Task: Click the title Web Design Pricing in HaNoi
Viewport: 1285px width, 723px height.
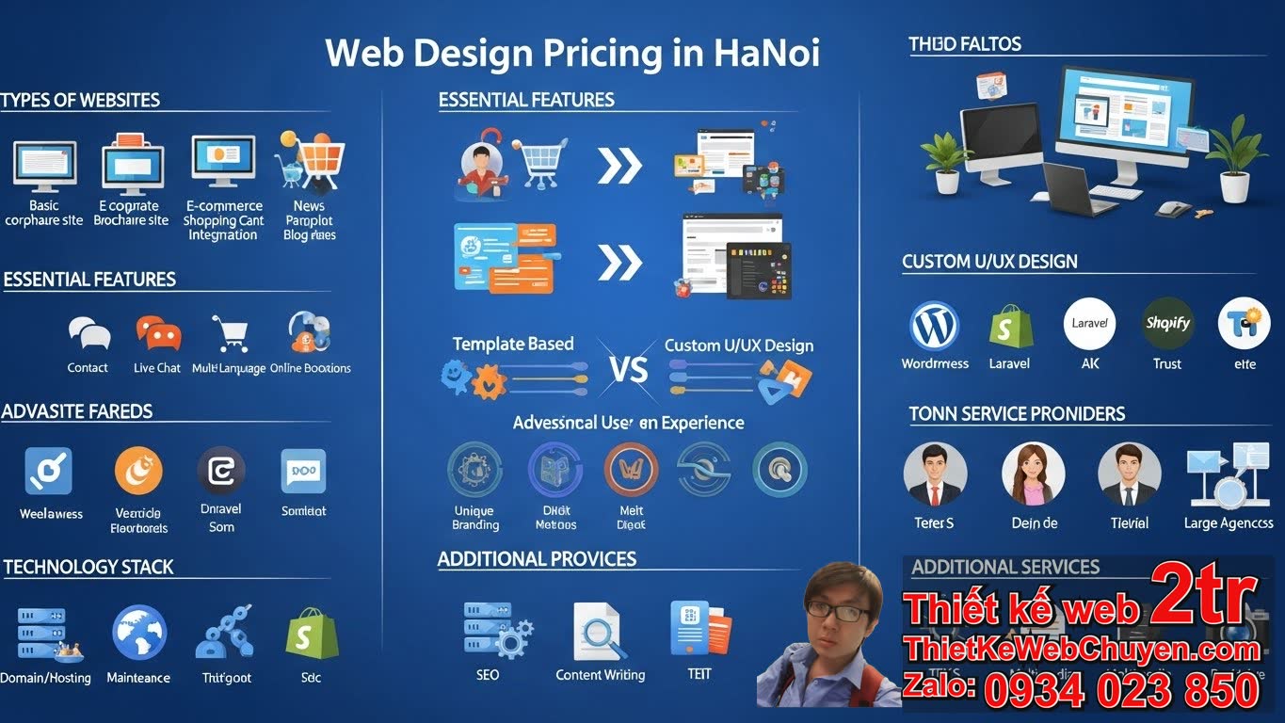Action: click(x=572, y=53)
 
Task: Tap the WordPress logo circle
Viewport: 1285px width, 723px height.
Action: click(x=934, y=326)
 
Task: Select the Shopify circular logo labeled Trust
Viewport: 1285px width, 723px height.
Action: click(x=1167, y=324)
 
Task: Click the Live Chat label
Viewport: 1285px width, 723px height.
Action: click(x=157, y=368)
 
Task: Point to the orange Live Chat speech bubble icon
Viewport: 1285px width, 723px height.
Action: click(x=157, y=332)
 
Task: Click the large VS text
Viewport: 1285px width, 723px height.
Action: click(x=628, y=369)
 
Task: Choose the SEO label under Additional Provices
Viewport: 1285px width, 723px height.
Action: click(x=488, y=674)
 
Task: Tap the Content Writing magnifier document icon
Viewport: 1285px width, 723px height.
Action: click(x=599, y=632)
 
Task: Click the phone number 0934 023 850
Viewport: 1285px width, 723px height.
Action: click(x=1121, y=690)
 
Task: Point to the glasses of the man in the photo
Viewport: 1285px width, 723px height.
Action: click(x=838, y=612)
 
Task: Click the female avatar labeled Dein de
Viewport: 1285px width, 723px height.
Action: click(x=1033, y=474)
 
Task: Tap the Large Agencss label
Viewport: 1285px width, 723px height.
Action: click(x=1229, y=523)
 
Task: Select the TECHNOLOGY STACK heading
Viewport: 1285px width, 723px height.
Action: click(x=88, y=567)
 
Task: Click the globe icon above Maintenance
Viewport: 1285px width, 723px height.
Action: click(x=139, y=633)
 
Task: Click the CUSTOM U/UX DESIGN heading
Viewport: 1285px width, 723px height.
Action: click(x=989, y=262)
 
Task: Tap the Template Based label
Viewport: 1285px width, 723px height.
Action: click(x=513, y=345)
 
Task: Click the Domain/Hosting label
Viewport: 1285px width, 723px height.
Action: click(x=45, y=678)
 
